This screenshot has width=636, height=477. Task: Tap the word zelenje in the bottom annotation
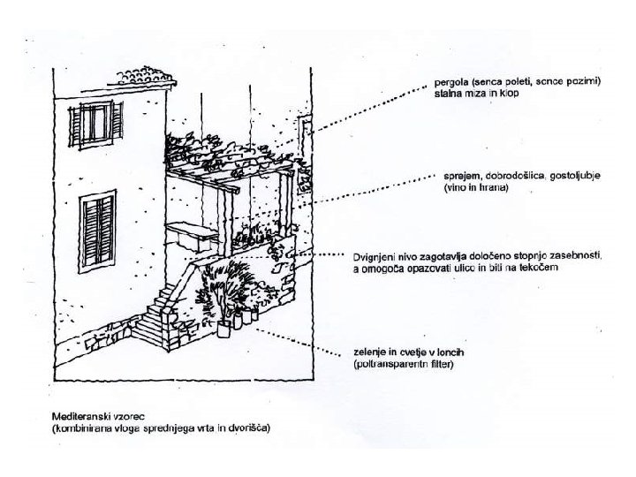click(x=368, y=352)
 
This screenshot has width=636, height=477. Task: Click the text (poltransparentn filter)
click(x=401, y=364)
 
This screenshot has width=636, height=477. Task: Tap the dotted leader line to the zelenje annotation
click(x=300, y=342)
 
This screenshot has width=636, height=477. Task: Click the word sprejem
click(x=453, y=176)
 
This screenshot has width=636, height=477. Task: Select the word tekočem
click(x=536, y=267)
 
